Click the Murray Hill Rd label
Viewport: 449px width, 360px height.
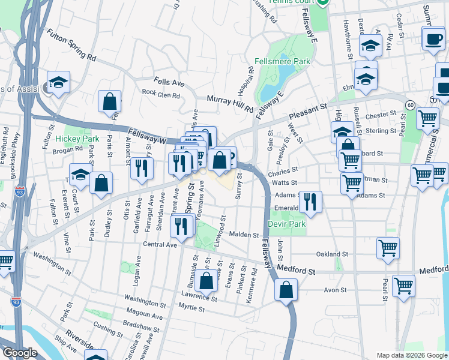(230, 103)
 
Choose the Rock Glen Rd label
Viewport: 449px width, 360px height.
(161, 94)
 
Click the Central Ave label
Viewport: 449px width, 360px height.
(160, 245)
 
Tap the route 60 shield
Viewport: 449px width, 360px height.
(409, 104)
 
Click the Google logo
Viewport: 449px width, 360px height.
(20, 353)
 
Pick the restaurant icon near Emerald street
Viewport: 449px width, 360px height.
(310, 202)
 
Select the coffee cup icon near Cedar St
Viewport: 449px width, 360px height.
(433, 40)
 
